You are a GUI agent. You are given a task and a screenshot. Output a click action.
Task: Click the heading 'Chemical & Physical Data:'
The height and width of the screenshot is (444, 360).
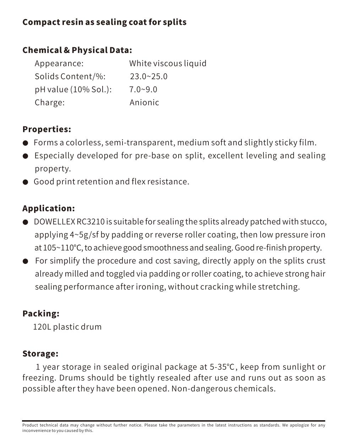[77, 50]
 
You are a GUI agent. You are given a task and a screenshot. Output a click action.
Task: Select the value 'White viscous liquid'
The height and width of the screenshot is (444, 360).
[168, 64]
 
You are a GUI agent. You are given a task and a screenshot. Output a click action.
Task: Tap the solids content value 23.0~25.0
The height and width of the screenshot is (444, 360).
[148, 76]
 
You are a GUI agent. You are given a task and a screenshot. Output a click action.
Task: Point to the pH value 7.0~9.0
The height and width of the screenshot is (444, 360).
[143, 90]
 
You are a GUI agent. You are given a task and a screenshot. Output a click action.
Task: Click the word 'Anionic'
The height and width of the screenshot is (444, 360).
[144, 103]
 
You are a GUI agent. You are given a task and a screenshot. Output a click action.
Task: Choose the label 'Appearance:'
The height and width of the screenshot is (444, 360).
[59, 64]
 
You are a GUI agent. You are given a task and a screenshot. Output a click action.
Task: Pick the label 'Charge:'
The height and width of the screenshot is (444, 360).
[49, 103]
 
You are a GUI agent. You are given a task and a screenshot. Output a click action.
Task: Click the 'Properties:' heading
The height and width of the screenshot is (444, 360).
[47, 129]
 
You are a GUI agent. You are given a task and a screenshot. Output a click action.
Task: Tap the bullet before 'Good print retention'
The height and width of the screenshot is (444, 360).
[25, 182]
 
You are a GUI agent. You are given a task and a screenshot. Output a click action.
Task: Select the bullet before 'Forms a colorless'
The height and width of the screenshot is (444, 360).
[25, 143]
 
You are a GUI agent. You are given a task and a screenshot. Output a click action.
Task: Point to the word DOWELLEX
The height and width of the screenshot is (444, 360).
[54, 222]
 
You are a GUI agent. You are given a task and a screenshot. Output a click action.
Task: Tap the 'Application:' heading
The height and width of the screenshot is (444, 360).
[49, 209]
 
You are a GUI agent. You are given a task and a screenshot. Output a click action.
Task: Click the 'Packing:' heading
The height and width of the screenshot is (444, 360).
[41, 314]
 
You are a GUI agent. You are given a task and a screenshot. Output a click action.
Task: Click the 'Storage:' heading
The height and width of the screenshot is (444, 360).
[40, 354]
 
